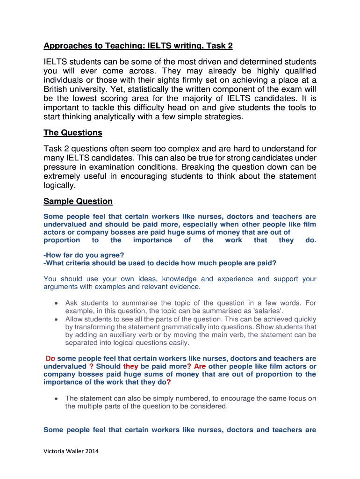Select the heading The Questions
[x=73, y=133]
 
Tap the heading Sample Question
[x=78, y=202]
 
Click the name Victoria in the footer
[x=55, y=451]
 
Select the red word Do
[x=50, y=358]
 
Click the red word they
[x=130, y=366]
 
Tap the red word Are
[x=200, y=366]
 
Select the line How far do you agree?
[x=84, y=255]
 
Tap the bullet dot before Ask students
[x=56, y=303]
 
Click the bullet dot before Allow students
[x=56, y=319]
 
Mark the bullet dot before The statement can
[x=56, y=399]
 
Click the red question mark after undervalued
[x=91, y=366]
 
